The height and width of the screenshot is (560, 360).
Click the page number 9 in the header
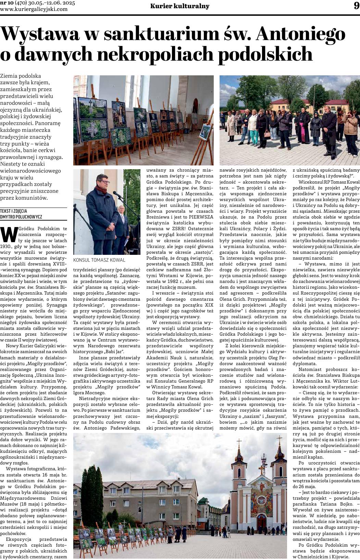[356, 6]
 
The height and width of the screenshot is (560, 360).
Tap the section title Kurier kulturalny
[180, 6]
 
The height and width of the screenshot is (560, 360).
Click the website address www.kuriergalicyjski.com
[34, 9]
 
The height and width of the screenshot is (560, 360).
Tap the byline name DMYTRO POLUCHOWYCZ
[21, 217]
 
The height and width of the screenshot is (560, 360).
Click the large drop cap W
[10, 234]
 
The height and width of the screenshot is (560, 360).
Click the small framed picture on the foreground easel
[205, 132]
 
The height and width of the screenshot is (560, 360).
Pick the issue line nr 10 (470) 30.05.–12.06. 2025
[38, 3]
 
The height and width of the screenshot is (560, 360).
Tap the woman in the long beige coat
[232, 123]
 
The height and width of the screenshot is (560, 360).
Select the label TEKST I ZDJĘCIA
[14, 211]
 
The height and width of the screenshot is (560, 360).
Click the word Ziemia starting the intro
[9, 76]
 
